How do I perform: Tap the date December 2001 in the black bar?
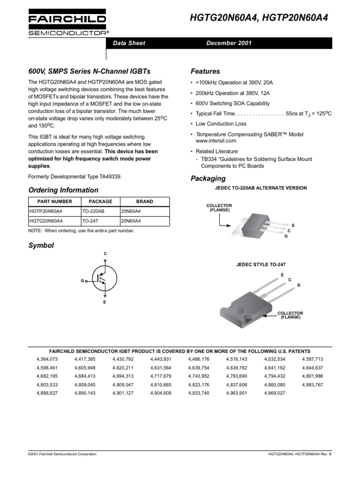pos(229,43)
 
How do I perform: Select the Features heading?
pos(205,72)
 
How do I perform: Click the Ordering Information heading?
pos(63,190)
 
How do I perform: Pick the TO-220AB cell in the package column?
pos(93,211)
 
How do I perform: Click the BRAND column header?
pos(144,202)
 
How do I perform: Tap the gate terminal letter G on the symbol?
pos(82,280)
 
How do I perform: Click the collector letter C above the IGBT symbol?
pos(105,254)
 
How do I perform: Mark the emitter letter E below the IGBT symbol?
pos(105,302)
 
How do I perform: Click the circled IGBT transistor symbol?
pos(103,277)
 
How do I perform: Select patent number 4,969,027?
pos(275,393)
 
